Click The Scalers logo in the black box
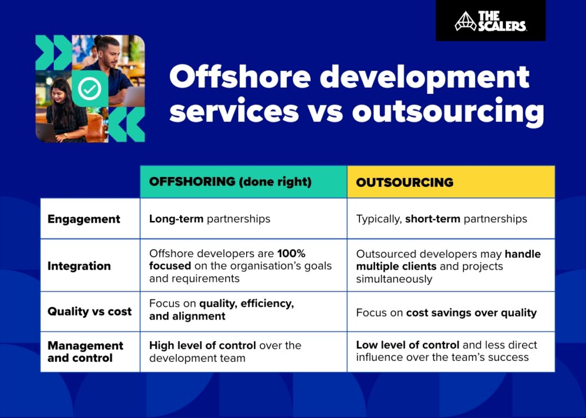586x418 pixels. (490, 21)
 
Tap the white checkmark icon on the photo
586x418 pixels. (90, 88)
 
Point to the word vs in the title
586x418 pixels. (324, 111)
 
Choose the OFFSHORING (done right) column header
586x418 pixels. (230, 182)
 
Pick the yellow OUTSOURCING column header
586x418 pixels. (405, 183)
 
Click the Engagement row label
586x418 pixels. (84, 219)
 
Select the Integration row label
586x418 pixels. (79, 266)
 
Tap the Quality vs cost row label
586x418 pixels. (89, 312)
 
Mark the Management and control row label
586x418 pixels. (85, 352)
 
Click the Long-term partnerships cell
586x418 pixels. (209, 219)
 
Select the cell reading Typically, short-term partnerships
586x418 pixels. (441, 219)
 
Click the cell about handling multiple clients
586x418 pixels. (448, 266)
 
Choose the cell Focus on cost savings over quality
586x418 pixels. (446, 313)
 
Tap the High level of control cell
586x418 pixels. (225, 352)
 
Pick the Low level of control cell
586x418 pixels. (446, 352)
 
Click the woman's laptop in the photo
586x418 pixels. (46, 132)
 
